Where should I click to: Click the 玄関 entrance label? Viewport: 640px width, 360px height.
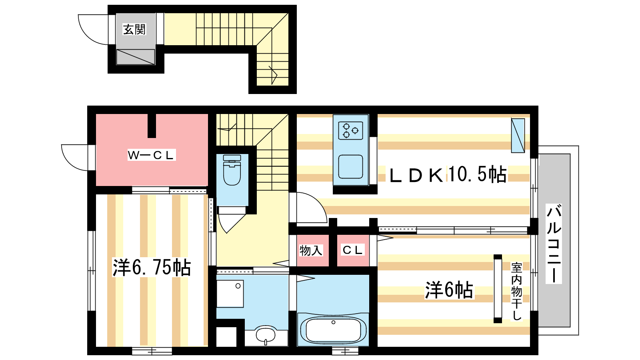[134, 30]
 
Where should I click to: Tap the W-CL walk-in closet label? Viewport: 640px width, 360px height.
[151, 155]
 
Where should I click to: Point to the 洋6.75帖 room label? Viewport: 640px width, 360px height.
[152, 268]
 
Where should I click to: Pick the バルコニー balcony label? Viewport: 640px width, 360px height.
[554, 244]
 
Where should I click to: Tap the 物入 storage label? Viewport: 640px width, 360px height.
[311, 250]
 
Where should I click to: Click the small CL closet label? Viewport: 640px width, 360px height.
[352, 250]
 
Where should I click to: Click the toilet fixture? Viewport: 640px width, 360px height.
[232, 170]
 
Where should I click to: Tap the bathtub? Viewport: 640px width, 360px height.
[333, 330]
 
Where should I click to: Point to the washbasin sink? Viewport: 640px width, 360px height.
[266, 335]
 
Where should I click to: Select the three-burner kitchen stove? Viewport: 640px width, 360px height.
[350, 130]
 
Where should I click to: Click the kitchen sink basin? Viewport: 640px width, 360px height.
[350, 166]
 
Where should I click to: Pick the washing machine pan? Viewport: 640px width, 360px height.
[230, 294]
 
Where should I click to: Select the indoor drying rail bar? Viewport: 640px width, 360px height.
[498, 289]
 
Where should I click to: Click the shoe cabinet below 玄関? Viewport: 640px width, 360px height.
[136, 57]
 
